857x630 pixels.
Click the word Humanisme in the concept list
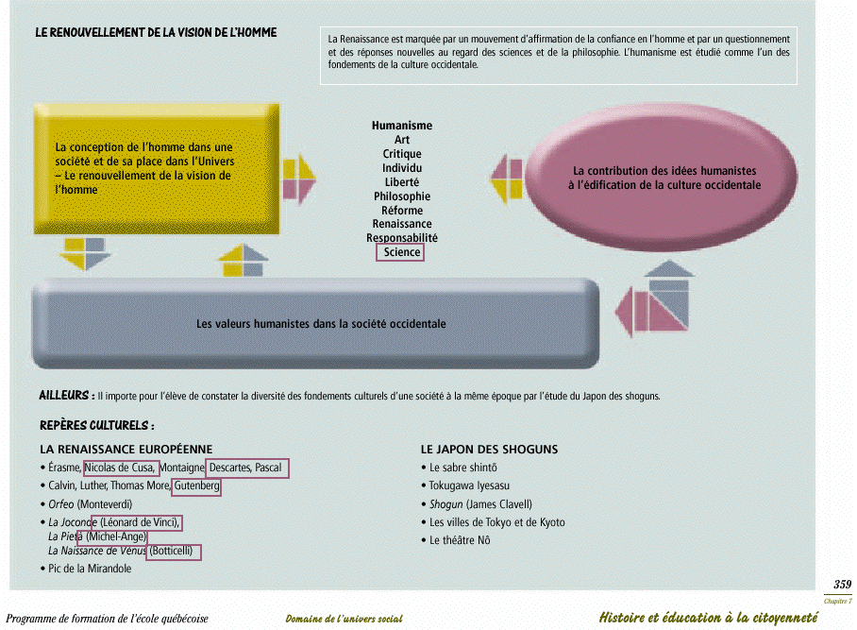pos(402,126)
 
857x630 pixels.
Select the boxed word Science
pos(402,252)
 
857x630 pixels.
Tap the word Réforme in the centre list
pos(402,211)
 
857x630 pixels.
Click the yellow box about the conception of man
pos(157,168)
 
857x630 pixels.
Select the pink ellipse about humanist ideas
pos(662,178)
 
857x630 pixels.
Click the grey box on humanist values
pos(316,323)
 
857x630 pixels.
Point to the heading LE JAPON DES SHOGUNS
pos(489,450)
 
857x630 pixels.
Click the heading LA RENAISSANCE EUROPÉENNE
pos(126,450)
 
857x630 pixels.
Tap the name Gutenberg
pos(196,485)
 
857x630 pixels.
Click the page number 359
pos(842,584)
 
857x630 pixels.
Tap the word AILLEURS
pos(64,396)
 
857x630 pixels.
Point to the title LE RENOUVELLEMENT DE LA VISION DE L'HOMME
pos(156,32)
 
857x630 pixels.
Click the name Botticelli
pos(171,551)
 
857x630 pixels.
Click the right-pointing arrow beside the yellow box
pos(299,179)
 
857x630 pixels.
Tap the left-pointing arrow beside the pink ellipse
pos(506,179)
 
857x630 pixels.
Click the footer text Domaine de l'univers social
pos(344,619)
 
